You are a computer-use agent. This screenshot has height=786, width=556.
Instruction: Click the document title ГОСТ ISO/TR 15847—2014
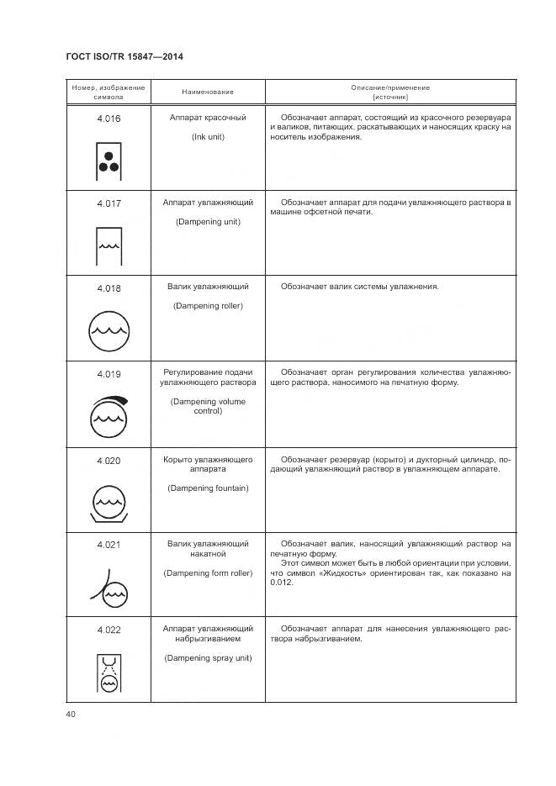pos(124,56)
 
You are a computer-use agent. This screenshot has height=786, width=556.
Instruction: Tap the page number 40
pos(71,714)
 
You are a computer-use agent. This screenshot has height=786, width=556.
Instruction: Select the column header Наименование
pos(208,92)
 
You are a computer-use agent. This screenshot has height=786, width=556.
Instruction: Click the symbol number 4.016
pos(109,119)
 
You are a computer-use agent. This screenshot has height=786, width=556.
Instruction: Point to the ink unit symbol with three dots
pos(109,161)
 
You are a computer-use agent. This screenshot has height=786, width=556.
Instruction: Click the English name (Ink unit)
pos(208,136)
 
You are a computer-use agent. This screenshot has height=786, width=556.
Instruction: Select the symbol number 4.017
pos(109,204)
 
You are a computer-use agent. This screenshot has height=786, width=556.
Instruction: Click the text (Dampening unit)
pos(208,222)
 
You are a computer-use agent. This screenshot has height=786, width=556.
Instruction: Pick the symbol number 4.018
pos(109,289)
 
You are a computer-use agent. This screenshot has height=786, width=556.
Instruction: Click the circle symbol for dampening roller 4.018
pos(109,330)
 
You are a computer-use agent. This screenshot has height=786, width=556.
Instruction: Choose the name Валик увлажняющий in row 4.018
pos(208,287)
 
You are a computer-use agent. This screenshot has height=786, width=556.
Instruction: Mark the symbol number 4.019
pos(109,374)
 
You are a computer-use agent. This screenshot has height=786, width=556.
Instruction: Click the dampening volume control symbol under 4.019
pos(109,414)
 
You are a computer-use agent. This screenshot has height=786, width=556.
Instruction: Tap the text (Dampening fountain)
pos(208,488)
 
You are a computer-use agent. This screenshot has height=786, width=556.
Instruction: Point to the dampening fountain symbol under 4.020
pos(109,502)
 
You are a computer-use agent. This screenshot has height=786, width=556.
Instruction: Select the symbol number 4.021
pos(109,545)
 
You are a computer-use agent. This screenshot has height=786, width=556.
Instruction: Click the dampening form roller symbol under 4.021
pos(109,589)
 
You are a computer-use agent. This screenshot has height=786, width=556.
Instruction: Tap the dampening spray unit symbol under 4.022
pos(109,673)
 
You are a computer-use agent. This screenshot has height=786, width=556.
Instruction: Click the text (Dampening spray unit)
pos(208,657)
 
